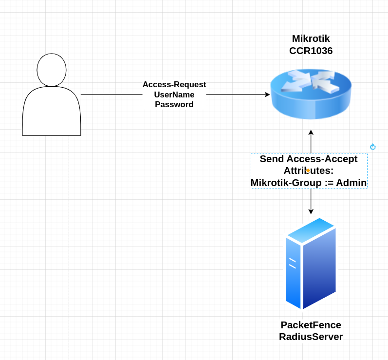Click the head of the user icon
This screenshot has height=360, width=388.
click(x=52, y=70)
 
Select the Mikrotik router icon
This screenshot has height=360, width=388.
click(x=311, y=94)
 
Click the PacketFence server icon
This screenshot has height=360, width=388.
click(x=311, y=264)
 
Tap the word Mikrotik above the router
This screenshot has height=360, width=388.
click(x=311, y=38)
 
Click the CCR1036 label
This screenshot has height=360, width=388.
click(x=311, y=51)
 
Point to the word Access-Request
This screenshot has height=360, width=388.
click(x=174, y=85)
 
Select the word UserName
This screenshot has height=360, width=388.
click(x=174, y=95)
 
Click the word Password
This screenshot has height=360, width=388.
click(x=174, y=104)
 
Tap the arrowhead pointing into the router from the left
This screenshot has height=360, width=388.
click(x=267, y=95)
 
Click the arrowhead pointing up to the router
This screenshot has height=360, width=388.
click(x=311, y=133)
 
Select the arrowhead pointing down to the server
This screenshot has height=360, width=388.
click(x=311, y=211)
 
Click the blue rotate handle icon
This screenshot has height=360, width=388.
click(x=373, y=147)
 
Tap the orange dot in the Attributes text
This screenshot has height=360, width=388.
click(x=308, y=171)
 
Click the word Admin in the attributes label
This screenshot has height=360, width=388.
click(x=351, y=183)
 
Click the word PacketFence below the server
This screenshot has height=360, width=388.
click(x=311, y=325)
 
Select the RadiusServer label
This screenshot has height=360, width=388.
click(x=311, y=337)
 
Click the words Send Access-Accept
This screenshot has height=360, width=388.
click(x=308, y=159)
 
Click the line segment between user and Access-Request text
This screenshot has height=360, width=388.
click(x=111, y=95)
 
